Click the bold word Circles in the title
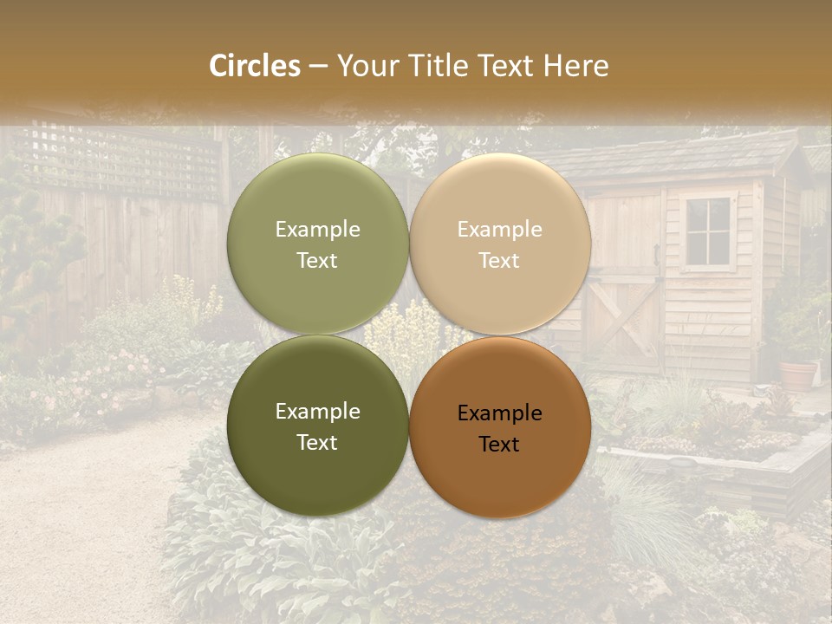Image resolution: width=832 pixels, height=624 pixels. [x=255, y=66]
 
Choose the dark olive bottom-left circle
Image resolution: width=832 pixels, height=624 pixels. [x=317, y=468]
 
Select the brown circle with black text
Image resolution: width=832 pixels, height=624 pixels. [x=500, y=472]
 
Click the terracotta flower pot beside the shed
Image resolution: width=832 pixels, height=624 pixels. [x=798, y=374]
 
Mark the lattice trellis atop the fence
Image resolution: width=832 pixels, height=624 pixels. [x=121, y=160]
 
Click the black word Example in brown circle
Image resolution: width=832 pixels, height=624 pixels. [x=499, y=413]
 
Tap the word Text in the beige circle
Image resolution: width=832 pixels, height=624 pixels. [x=499, y=261]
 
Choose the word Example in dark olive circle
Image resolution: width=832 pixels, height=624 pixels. [x=317, y=412]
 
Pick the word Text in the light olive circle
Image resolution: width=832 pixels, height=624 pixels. [x=317, y=261]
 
